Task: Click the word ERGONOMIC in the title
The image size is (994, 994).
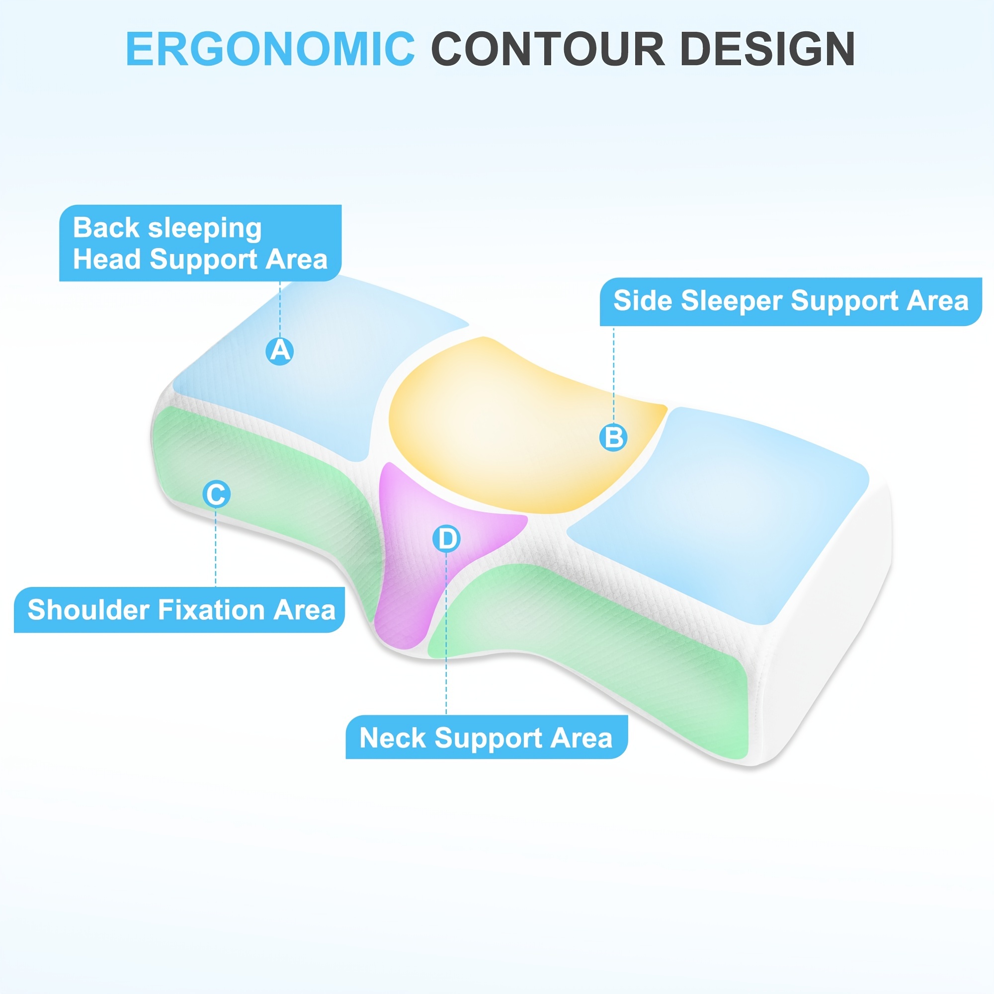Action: click(x=271, y=49)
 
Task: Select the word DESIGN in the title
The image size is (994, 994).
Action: click(x=768, y=49)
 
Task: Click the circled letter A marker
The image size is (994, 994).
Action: click(x=280, y=351)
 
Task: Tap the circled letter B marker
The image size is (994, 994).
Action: click(x=613, y=437)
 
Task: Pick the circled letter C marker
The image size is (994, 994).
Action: click(x=216, y=494)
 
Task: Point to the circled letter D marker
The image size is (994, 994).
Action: click(x=446, y=539)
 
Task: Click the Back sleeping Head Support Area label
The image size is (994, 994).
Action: click(x=200, y=243)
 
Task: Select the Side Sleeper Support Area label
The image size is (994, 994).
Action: click(x=791, y=302)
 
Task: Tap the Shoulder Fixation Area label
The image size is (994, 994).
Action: click(x=179, y=610)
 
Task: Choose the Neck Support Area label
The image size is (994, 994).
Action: click(x=486, y=738)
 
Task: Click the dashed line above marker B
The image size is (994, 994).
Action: click(x=613, y=374)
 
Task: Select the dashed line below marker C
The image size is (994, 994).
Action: click(x=216, y=547)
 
